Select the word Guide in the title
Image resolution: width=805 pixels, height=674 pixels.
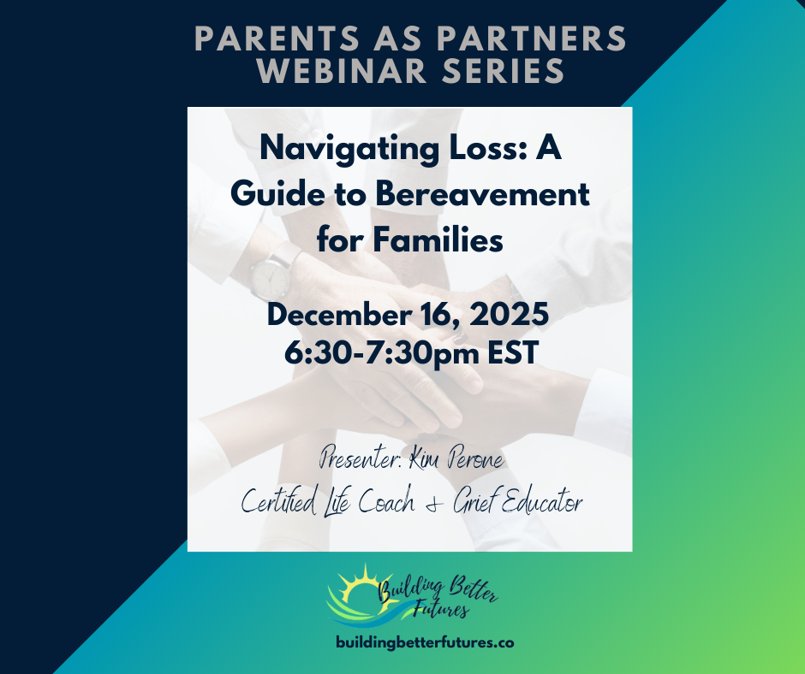coord(272,195)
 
